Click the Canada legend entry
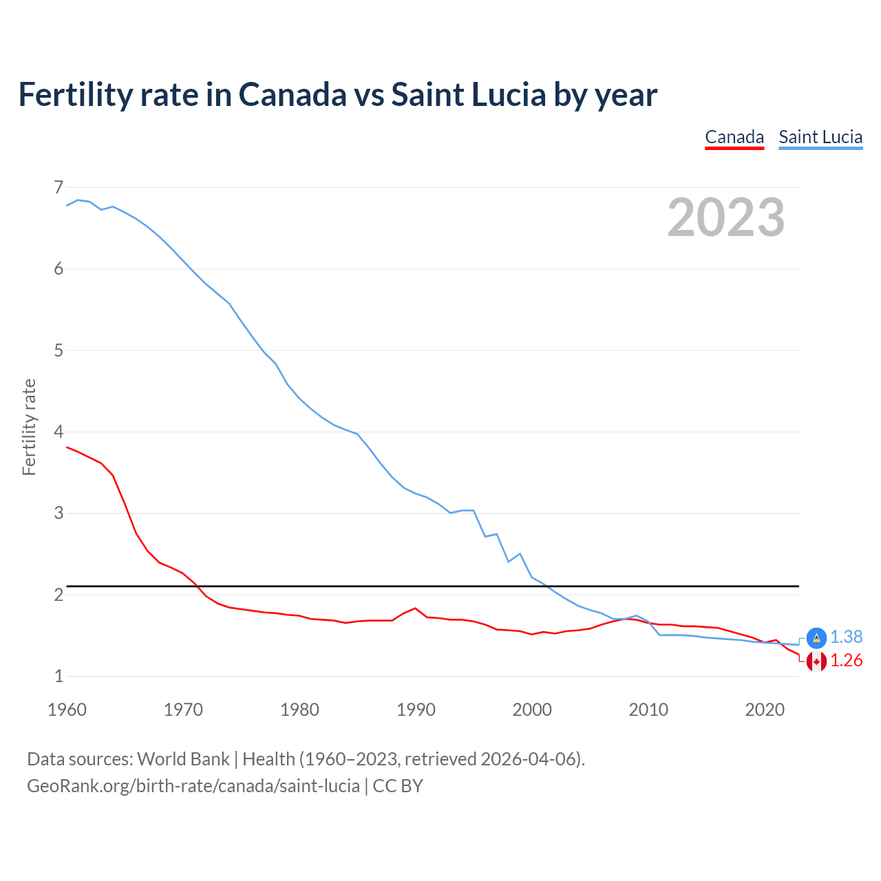click(x=734, y=137)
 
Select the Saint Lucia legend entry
click(x=820, y=137)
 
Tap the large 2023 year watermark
click(x=725, y=217)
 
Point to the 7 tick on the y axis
click(x=59, y=187)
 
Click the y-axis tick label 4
click(x=59, y=432)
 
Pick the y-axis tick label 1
click(x=59, y=676)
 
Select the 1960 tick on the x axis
click(x=67, y=710)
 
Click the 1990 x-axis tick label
click(x=416, y=710)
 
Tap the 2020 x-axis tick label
click(x=765, y=710)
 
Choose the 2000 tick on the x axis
click(x=532, y=710)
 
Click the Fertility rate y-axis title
click(x=29, y=427)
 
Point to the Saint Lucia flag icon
click(x=816, y=637)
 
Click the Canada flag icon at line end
click(x=816, y=661)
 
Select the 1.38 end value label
click(x=846, y=637)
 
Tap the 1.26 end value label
click(x=846, y=661)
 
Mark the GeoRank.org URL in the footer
click(x=193, y=786)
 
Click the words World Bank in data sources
click(x=183, y=759)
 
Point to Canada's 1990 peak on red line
click(x=415, y=608)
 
